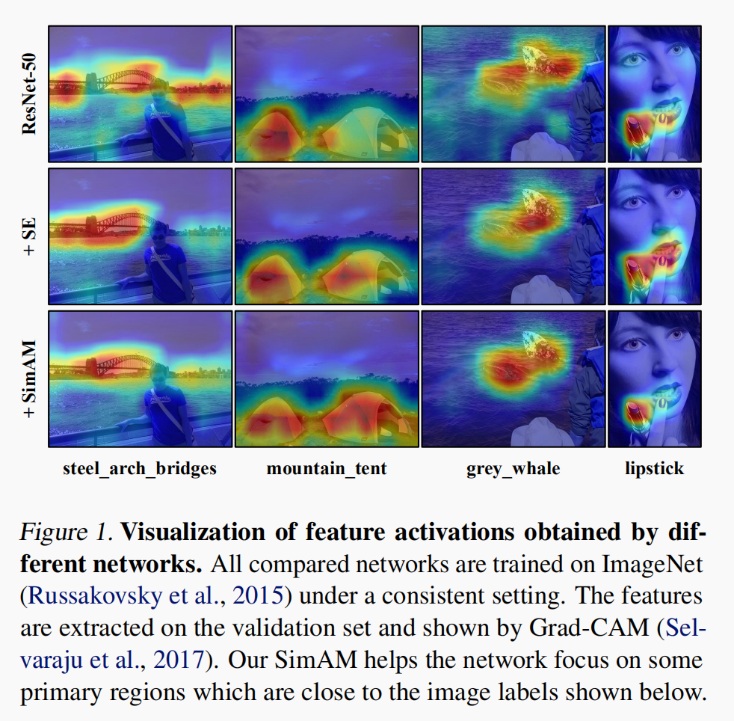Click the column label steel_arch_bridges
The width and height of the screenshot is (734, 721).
coord(140,469)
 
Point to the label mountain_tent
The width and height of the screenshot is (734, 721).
coord(327,469)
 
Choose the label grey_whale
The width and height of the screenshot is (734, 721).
coord(513,469)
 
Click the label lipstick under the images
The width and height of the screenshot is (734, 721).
coord(654,469)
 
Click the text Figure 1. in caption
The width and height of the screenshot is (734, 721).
coord(65,533)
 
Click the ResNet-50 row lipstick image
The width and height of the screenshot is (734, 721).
coord(654,94)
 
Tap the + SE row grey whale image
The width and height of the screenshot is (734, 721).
coord(513,236)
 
